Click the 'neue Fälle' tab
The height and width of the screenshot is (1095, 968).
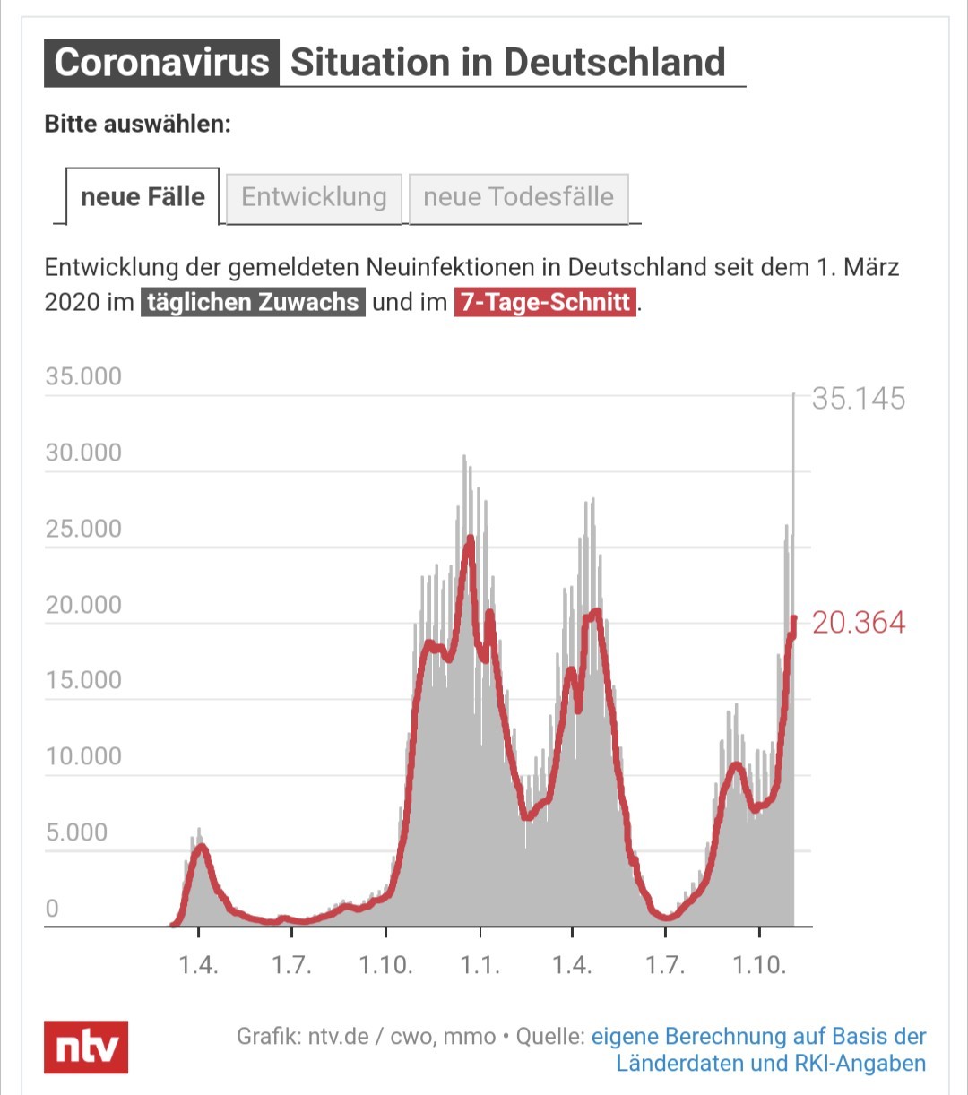[x=143, y=197]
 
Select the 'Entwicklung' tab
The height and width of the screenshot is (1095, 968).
[x=314, y=198]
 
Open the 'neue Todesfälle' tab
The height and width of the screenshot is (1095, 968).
[x=519, y=198]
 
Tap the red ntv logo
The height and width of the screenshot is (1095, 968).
[x=86, y=1047]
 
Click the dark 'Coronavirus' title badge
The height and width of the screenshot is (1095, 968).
[x=161, y=62]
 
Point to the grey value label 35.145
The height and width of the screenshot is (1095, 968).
[x=859, y=399]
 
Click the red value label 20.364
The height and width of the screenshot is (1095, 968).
[x=859, y=622]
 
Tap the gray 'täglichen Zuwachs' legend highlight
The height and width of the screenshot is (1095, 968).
[x=253, y=302]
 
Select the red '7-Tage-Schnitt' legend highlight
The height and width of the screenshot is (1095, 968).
[x=545, y=302]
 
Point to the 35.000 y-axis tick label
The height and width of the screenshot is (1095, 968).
[x=84, y=376]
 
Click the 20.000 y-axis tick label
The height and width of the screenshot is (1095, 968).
[x=84, y=604]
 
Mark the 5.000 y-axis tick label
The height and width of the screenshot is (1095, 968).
[x=77, y=832]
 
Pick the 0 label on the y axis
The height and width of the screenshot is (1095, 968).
[x=52, y=908]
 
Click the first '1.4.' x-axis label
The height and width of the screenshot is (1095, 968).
[x=198, y=965]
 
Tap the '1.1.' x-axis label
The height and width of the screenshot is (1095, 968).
[x=480, y=965]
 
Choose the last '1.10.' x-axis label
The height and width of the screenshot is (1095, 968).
[x=759, y=965]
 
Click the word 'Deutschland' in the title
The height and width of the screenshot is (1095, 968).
[x=614, y=62]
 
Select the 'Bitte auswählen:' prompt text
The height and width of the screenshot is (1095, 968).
[x=138, y=125]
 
